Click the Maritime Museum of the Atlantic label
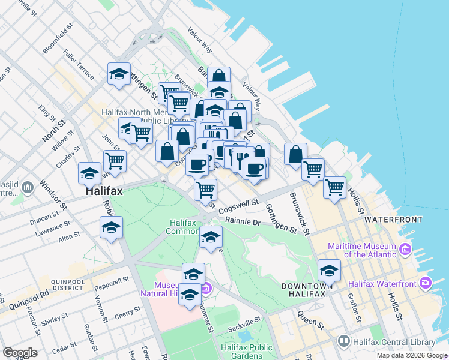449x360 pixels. (x=361, y=251)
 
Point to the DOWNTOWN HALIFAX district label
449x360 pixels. (x=307, y=291)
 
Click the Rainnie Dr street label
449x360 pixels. (x=242, y=221)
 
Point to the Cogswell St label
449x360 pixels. (x=238, y=207)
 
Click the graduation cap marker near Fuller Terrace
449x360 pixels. (x=119, y=74)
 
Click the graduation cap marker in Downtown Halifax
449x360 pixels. (x=329, y=270)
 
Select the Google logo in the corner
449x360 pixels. (x=20, y=353)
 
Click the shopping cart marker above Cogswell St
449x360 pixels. (x=206, y=189)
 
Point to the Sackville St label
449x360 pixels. (x=244, y=325)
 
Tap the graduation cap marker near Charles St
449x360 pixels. (x=89, y=173)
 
